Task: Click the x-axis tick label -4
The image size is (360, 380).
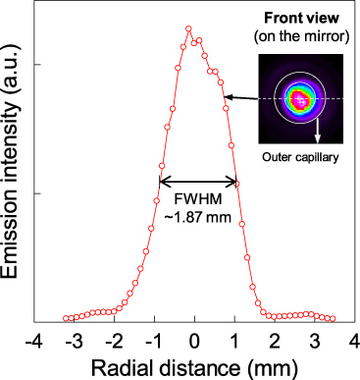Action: tap(34, 340)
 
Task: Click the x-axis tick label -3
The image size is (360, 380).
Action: tap(75, 340)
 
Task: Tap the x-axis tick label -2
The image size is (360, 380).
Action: tap(115, 340)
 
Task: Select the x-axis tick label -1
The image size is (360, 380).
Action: tap(155, 340)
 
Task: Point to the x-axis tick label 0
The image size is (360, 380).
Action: tap(195, 340)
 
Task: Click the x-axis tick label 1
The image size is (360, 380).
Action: tap(235, 340)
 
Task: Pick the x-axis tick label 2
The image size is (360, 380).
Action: tap(276, 340)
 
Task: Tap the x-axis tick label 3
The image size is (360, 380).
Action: tap(315, 340)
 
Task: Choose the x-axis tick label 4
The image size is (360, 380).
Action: tap(353, 340)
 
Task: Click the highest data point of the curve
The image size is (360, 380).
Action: tap(188, 28)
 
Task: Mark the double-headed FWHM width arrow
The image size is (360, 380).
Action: tap(197, 181)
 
